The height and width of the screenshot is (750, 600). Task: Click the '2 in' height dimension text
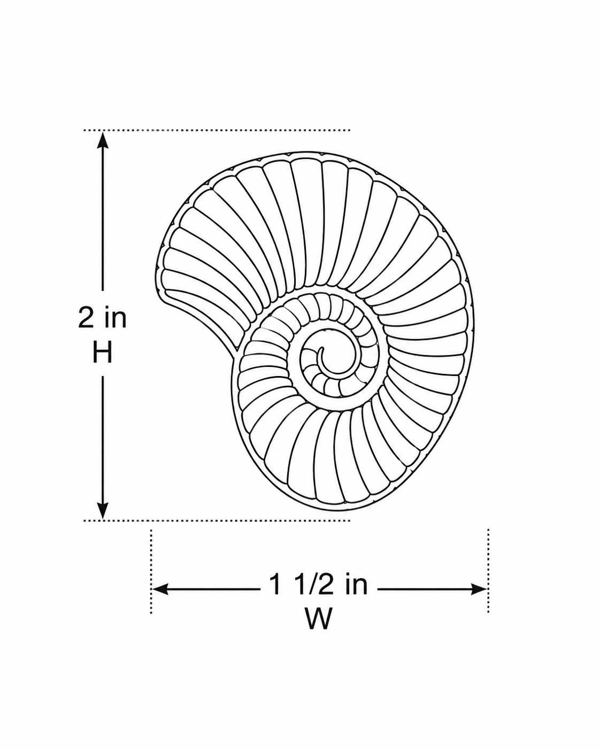pyautogui.click(x=102, y=318)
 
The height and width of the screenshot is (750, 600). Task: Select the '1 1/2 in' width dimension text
pyautogui.click(x=319, y=585)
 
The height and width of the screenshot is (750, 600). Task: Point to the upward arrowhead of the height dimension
pyautogui.click(x=103, y=140)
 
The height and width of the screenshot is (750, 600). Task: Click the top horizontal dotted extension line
pyautogui.click(x=217, y=130)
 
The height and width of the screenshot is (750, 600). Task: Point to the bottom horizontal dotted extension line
pyautogui.click(x=217, y=521)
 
